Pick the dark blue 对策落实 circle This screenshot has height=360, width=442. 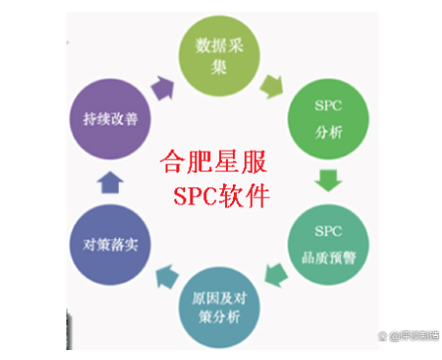(113, 243)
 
